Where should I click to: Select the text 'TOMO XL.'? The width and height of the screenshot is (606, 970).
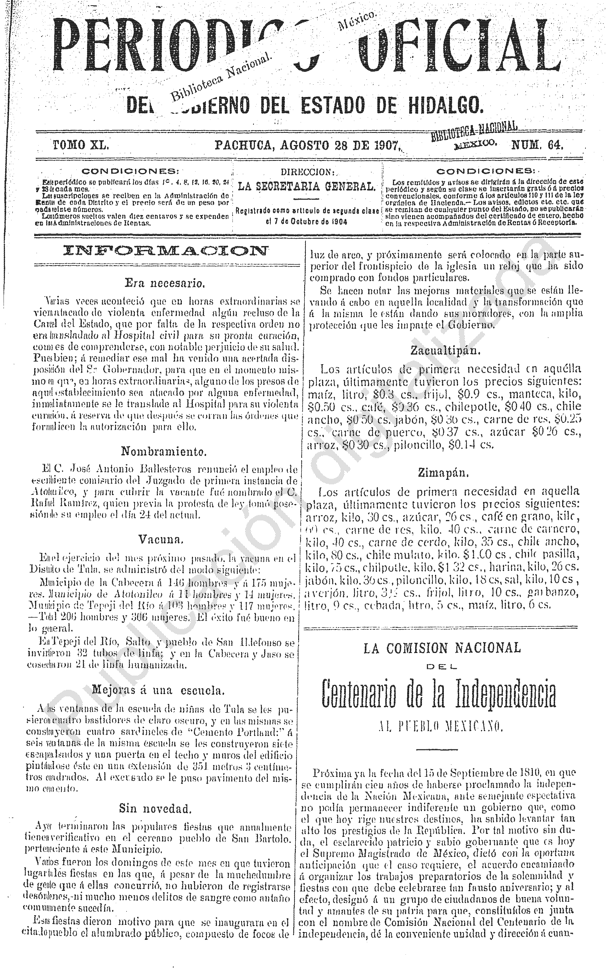(x=81, y=145)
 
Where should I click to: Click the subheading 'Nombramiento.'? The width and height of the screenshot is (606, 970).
(x=164, y=452)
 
